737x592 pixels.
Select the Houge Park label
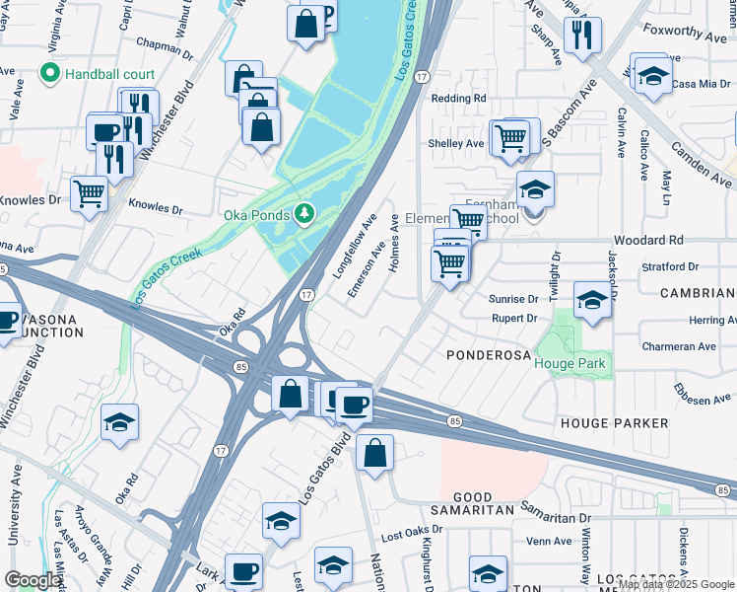pos(571,364)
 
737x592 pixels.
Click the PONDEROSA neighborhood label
pos(489,353)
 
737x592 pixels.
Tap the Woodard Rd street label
pos(647,240)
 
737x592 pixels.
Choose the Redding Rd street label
pos(459,99)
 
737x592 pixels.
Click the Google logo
pos(33,580)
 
